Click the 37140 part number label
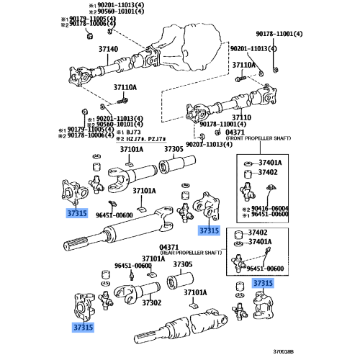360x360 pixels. click(108, 50)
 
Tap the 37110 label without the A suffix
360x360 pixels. click(241, 116)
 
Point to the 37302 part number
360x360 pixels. click(151, 303)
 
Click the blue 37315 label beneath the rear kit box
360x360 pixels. click(262, 284)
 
